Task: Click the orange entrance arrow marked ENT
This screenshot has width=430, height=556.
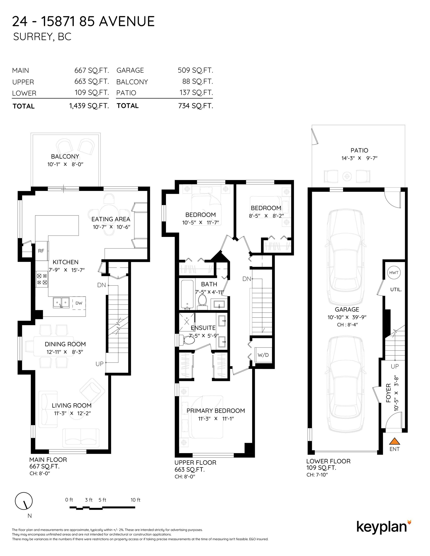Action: click(x=394, y=441)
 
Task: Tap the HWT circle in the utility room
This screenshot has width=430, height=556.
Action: click(x=394, y=272)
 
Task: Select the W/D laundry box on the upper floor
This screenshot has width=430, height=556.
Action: click(x=263, y=355)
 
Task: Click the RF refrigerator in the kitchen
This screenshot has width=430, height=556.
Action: click(x=42, y=251)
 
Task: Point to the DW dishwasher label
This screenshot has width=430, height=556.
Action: click(x=79, y=303)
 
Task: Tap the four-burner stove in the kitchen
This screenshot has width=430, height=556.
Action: click(x=42, y=279)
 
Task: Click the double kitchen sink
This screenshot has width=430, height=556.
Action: click(x=61, y=303)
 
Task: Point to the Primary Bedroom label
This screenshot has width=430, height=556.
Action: click(x=216, y=410)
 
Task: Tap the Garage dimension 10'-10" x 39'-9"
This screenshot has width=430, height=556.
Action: click(x=347, y=317)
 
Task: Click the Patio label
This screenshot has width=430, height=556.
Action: click(x=359, y=150)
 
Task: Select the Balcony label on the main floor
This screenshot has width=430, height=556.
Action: click(x=65, y=156)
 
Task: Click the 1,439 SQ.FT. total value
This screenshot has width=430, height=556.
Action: click(x=89, y=106)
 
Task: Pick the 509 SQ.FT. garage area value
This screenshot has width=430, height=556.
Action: click(x=195, y=70)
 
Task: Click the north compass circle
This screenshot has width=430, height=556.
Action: click(x=24, y=501)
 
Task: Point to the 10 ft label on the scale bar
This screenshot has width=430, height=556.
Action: click(x=135, y=500)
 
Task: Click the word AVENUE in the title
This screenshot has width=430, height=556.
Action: click(x=127, y=21)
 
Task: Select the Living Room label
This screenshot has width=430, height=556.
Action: click(x=72, y=405)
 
